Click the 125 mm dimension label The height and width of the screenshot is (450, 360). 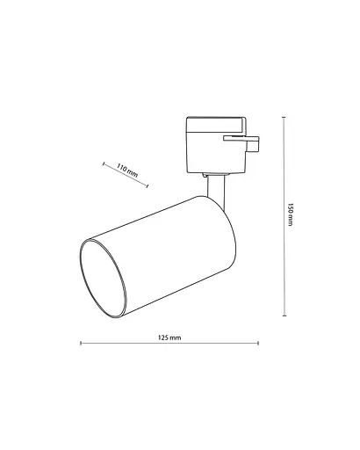(x=169, y=337)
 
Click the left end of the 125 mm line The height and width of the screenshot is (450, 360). (x=81, y=344)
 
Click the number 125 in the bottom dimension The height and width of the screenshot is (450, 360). (x=164, y=337)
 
